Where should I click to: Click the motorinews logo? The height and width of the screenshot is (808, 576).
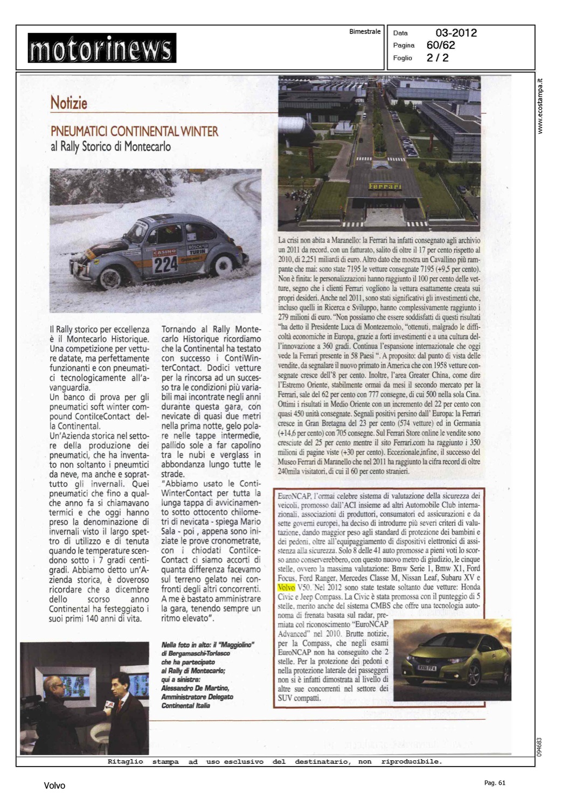click(x=102, y=48)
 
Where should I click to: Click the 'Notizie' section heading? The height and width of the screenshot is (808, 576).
click(x=68, y=103)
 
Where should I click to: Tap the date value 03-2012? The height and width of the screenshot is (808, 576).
click(x=456, y=33)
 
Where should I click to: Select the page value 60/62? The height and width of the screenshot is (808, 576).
click(x=440, y=45)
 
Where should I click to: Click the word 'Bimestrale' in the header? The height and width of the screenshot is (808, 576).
click(x=365, y=32)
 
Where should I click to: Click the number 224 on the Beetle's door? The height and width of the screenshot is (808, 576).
click(x=165, y=264)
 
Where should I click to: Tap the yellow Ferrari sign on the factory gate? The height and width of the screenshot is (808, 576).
click(x=385, y=186)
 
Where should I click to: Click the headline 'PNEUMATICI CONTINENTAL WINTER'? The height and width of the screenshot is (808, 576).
click(x=134, y=131)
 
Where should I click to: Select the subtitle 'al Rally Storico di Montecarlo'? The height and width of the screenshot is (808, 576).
click(x=110, y=146)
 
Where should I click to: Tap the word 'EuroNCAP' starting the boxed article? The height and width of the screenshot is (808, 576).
click(x=293, y=496)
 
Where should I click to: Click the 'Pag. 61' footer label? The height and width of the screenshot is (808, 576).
click(x=494, y=783)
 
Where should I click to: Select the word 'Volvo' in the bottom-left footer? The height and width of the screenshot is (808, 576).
click(x=54, y=786)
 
